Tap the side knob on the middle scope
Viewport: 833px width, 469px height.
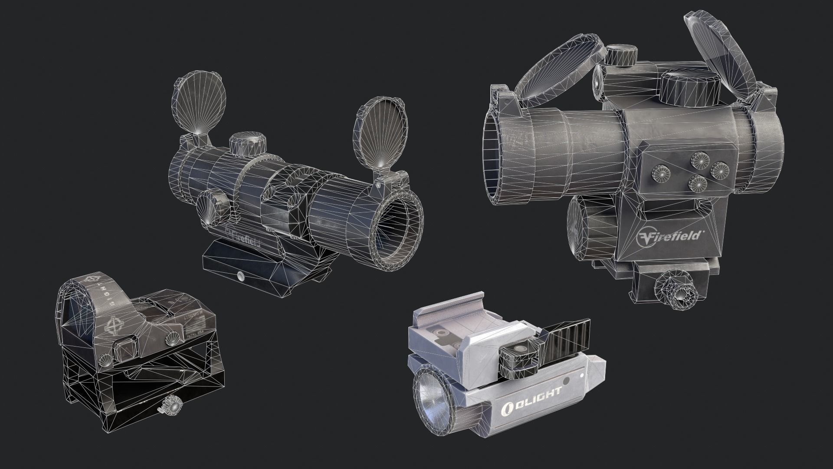coord(213,206)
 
